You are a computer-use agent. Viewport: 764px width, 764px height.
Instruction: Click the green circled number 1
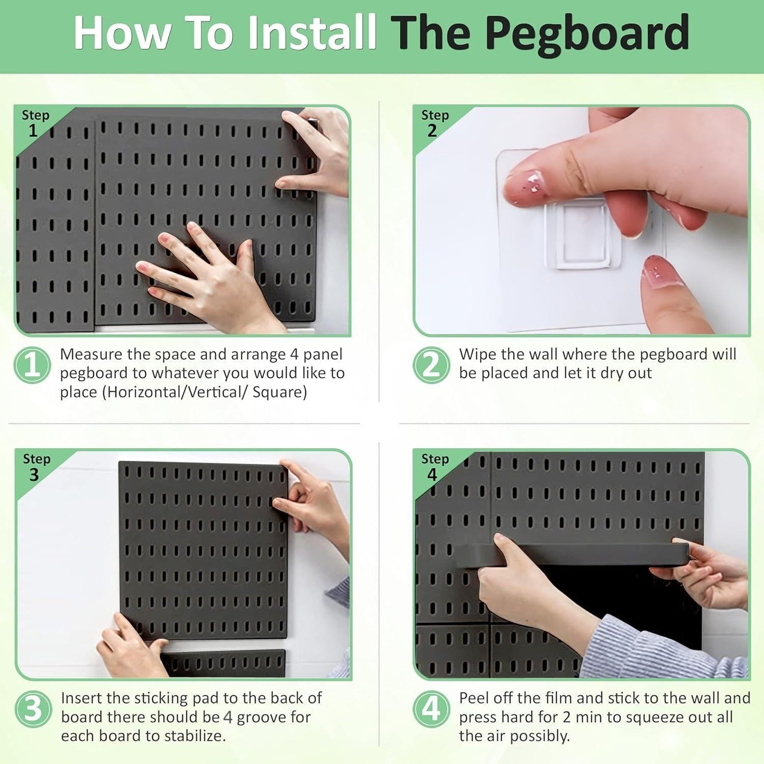tap(32, 365)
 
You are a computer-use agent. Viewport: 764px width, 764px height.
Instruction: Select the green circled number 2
tap(431, 365)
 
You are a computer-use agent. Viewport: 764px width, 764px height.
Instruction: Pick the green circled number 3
tap(33, 709)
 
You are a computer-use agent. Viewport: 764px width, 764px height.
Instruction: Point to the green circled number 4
tap(431, 709)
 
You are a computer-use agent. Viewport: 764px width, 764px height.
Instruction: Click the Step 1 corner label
tap(35, 123)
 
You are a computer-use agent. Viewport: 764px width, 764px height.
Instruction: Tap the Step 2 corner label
tap(434, 123)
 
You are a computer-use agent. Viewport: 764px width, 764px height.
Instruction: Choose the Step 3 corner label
tap(36, 467)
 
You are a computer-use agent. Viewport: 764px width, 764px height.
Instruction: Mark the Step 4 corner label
tap(434, 467)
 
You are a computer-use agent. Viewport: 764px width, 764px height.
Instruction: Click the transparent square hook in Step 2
tap(582, 235)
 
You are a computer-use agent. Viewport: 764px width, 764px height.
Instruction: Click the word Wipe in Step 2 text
tap(477, 354)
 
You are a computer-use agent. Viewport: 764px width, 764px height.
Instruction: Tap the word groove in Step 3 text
tap(259, 717)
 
